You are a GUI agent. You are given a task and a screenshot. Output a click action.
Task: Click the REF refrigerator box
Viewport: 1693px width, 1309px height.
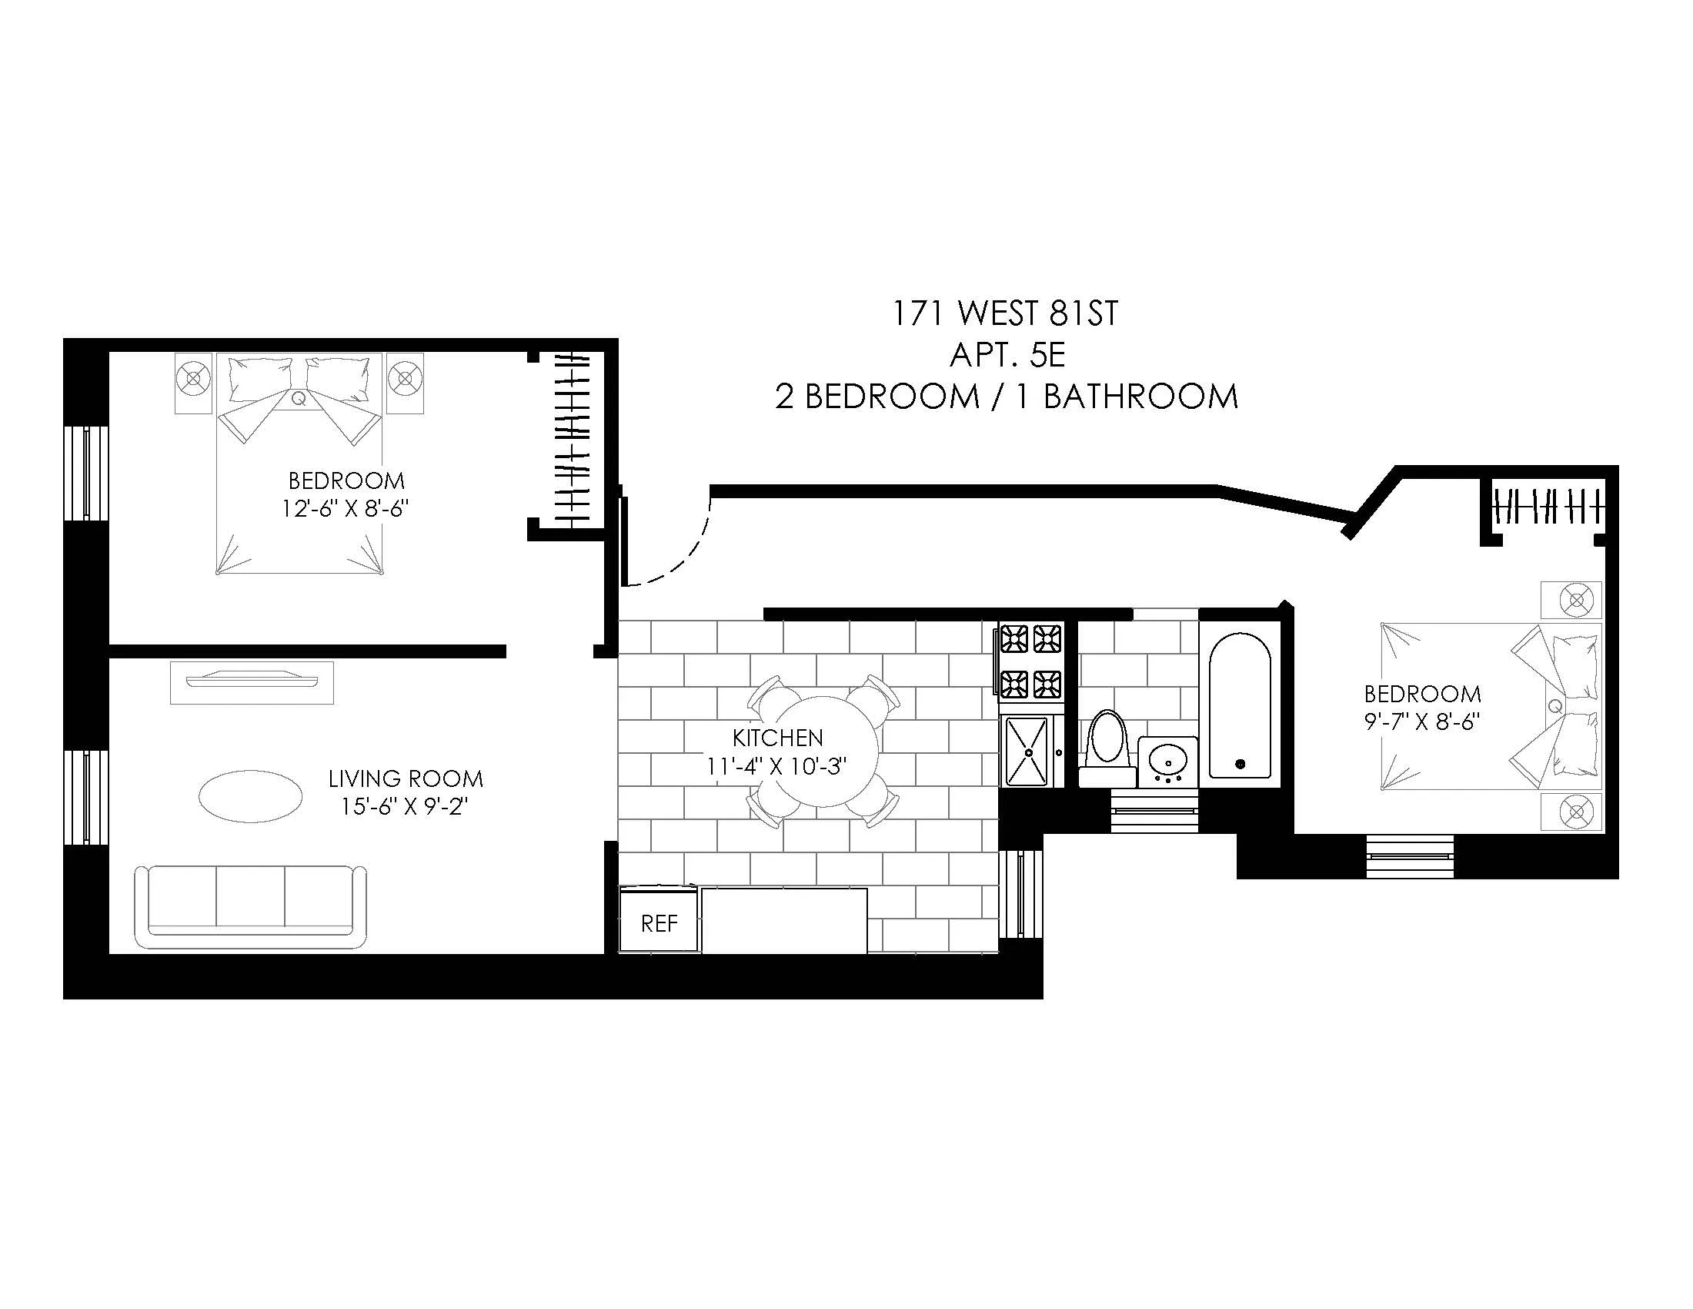(659, 922)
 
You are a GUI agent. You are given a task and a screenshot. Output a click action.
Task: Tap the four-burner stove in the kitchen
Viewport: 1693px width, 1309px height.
(1030, 661)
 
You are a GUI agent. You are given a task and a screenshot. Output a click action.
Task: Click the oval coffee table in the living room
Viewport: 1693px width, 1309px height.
(250, 795)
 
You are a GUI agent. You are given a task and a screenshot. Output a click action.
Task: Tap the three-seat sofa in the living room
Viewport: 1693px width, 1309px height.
(250, 906)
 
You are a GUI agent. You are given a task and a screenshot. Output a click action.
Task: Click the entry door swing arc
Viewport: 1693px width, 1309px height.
(682, 558)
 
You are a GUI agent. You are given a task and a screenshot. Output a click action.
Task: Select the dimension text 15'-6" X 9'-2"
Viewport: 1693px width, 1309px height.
(405, 807)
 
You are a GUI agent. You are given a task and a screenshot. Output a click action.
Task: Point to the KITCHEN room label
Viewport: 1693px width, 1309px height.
(777, 738)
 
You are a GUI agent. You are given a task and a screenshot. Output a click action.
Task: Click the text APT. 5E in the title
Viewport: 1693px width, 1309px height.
(1007, 355)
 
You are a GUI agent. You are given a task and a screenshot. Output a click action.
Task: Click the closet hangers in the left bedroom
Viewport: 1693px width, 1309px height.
(573, 440)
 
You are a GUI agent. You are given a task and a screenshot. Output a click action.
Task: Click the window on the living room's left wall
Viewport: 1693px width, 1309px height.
(85, 796)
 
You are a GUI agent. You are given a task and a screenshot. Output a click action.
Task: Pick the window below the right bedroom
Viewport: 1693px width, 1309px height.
(1410, 855)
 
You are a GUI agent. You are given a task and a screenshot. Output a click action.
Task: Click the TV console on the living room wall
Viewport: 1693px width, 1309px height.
(252, 681)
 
